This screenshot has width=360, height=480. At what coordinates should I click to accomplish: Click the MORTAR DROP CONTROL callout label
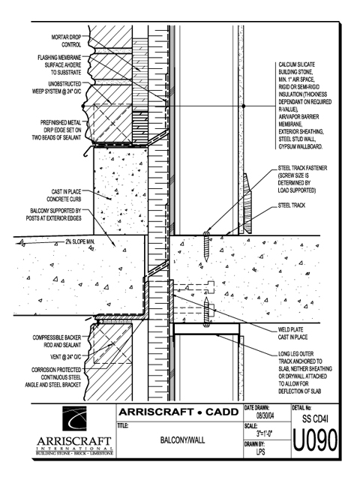[x=66, y=41]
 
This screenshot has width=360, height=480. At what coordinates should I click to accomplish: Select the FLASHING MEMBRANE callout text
[x=59, y=65]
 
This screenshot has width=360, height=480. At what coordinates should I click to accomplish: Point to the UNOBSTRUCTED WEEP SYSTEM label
[x=57, y=88]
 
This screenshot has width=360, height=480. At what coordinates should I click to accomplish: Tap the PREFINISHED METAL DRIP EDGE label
[x=57, y=130]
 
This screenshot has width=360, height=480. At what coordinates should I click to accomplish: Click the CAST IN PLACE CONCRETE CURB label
[x=64, y=195]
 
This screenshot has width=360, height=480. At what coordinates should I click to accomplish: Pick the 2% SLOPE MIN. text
[x=80, y=241]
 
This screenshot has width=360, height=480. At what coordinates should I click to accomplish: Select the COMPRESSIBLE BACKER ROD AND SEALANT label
[x=57, y=341]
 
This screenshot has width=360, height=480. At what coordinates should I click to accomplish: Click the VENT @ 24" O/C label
[x=65, y=357]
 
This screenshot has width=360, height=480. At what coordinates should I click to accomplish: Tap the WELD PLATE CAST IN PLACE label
[x=293, y=333]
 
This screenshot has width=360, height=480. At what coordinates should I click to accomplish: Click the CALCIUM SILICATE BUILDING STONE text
[x=296, y=68]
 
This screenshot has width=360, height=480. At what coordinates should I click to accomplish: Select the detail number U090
[x=315, y=440]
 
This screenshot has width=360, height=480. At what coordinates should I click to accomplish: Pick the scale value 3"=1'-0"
[x=265, y=433]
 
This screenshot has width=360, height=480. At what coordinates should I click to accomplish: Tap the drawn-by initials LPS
[x=260, y=451]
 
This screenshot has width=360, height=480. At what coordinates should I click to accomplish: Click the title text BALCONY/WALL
[x=182, y=440]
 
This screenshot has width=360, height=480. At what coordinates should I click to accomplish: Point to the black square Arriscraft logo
[x=74, y=418]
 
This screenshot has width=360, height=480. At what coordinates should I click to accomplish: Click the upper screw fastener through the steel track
[x=207, y=247]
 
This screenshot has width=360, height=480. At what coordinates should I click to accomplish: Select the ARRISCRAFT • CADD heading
[x=178, y=412]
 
